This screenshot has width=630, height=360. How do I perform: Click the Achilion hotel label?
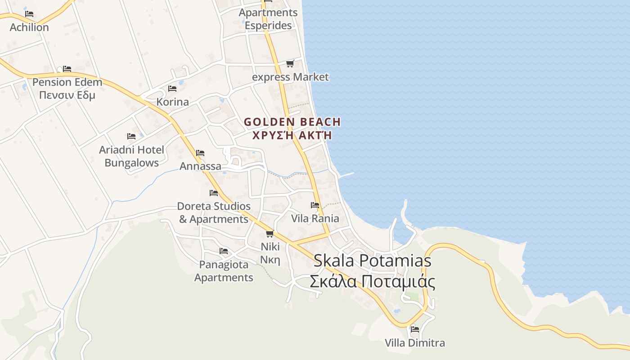pos(29,27)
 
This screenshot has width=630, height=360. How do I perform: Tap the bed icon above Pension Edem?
pos(67,69)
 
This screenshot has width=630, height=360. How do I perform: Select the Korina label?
pos(172,102)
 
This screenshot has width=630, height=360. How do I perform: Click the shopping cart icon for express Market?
pos(290,63)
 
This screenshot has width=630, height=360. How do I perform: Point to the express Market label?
pos(290,77)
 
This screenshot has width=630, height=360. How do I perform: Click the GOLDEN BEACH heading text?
pos(292,122)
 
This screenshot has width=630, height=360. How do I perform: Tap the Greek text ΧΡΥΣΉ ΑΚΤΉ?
pos(292,135)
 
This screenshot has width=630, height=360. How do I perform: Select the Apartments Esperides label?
pos(268,19)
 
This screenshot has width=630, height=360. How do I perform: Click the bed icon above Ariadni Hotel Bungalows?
pos(131,136)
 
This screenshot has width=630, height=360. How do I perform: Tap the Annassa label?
pos(200,166)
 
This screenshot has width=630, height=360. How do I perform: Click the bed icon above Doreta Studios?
pos(214,193)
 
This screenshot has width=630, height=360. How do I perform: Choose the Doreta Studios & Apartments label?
pos(214,213)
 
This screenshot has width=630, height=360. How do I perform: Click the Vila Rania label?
pos(315,219)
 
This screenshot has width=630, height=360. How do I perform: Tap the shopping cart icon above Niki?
pos(270,234)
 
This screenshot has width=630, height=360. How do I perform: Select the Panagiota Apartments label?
pos(224,271)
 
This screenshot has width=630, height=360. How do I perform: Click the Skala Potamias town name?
pos(372,261)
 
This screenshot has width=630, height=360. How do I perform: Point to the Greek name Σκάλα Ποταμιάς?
pos(372,282)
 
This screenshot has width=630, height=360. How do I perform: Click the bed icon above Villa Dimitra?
pos(415,329)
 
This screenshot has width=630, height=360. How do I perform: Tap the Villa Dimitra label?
pos(415,343)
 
